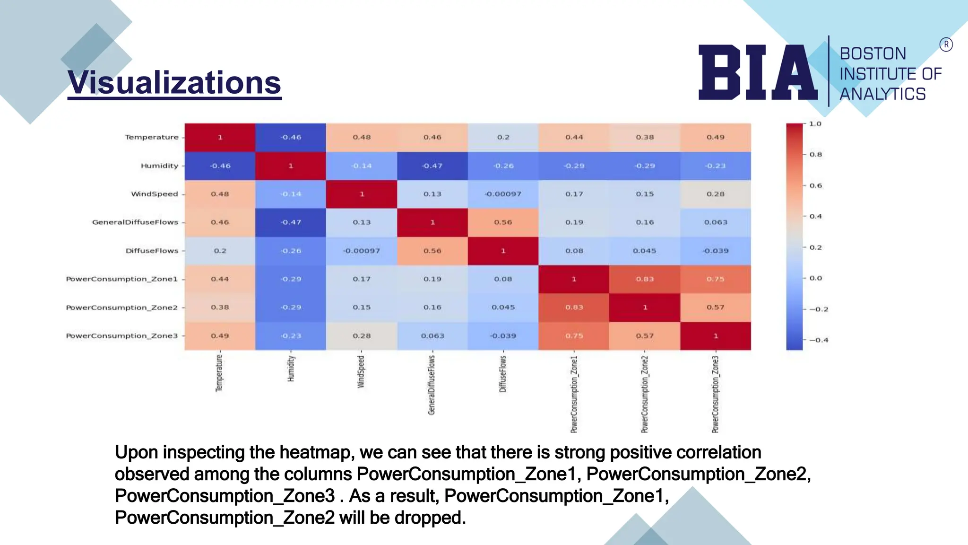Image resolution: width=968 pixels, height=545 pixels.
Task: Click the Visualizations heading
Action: point(174,83)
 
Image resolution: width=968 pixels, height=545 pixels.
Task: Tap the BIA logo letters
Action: point(758,72)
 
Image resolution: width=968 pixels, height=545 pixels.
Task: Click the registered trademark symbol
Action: point(946,44)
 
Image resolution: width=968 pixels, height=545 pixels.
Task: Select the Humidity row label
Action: point(159,166)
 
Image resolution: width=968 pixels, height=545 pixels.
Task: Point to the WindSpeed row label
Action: point(155,194)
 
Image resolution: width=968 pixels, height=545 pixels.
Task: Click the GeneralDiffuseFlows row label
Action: point(135,222)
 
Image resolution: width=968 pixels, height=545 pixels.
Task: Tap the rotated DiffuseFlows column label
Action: point(503,374)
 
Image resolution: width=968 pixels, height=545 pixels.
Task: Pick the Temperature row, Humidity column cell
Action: point(291,137)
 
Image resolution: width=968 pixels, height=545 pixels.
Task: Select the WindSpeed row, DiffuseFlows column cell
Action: point(503,194)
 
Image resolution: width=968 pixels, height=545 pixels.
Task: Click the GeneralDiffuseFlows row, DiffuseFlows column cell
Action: point(503,222)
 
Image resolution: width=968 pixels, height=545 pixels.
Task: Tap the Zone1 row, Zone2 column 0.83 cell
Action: point(645,279)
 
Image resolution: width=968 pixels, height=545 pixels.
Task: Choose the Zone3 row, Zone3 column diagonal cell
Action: point(716,336)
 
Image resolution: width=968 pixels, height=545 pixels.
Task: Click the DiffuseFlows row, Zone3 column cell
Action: point(716,251)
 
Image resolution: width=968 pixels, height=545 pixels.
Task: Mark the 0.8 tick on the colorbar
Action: point(815,155)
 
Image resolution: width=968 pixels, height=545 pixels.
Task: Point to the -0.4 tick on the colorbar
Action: point(819,340)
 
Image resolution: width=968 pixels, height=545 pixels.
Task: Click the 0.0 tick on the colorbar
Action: point(815,278)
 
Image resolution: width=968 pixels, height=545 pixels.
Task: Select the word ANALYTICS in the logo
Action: point(882,94)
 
